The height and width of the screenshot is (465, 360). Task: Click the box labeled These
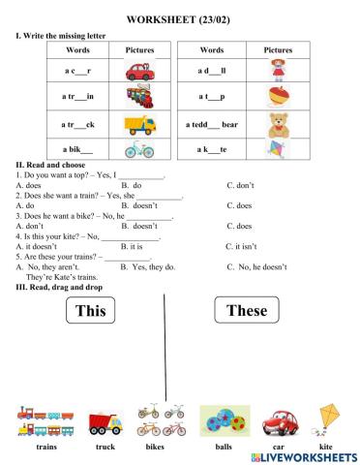tap(246, 310)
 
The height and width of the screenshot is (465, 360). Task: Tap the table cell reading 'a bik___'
tap(77, 149)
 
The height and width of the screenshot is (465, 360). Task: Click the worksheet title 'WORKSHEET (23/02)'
tap(180, 18)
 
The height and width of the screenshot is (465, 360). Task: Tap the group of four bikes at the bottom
tap(162, 420)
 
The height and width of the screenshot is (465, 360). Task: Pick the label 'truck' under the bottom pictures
tap(105, 448)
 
